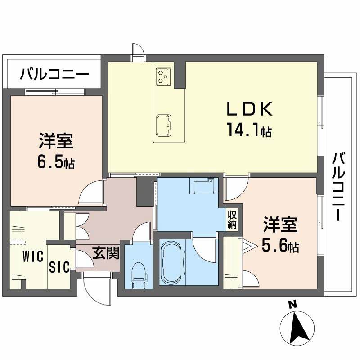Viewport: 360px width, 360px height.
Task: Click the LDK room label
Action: tap(250, 110)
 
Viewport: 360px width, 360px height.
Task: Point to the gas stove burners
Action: tap(162, 76)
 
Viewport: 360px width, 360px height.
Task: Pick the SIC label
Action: tap(59, 267)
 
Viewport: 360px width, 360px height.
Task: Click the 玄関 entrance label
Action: tap(106, 254)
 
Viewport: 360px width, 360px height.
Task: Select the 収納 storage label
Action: tap(232, 220)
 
